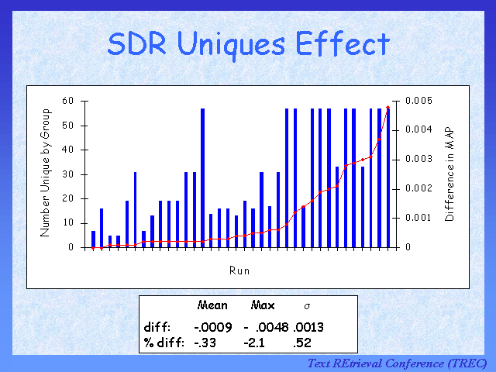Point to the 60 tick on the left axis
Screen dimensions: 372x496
coord(68,101)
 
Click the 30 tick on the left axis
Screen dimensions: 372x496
coord(68,174)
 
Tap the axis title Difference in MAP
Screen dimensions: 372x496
coord(449,174)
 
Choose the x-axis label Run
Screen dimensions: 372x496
coord(239,270)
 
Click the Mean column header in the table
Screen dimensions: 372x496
coord(212,305)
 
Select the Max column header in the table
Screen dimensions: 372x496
coord(263,305)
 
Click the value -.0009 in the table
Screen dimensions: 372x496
coord(209,327)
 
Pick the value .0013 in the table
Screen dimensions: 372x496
coord(308,327)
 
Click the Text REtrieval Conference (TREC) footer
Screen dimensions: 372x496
coord(397,363)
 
